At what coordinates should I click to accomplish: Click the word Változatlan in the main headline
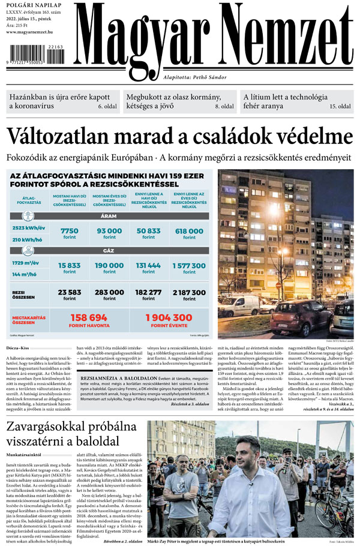(x=58, y=136)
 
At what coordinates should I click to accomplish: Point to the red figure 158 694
(x=89, y=317)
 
